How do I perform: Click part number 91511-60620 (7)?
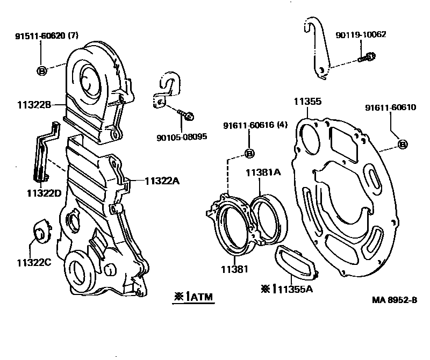(x=46, y=37)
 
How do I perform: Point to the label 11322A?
(x=161, y=181)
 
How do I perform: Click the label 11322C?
(x=33, y=263)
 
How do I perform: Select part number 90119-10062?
(x=361, y=34)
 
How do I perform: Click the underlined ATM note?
(x=193, y=296)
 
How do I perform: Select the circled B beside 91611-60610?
(x=403, y=144)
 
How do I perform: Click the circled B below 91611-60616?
(x=249, y=154)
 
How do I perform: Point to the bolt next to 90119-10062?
(x=367, y=56)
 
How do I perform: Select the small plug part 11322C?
(x=40, y=230)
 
